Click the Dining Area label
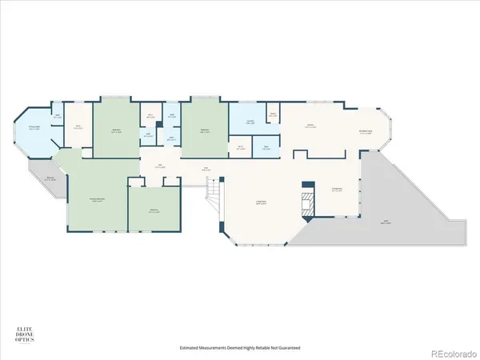tap(337, 190)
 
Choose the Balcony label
tap(50, 179)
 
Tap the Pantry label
tap(273, 114)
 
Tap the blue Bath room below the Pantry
tap(266, 147)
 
